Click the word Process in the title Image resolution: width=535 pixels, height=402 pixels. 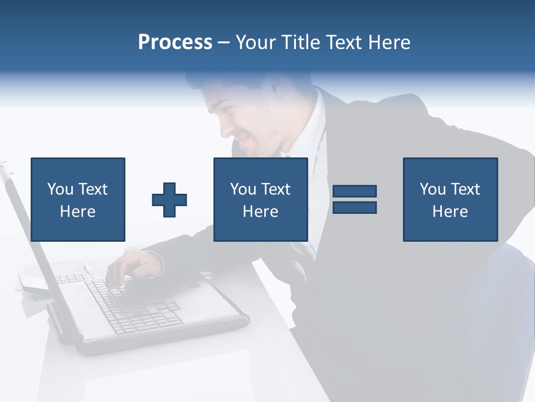click(x=175, y=42)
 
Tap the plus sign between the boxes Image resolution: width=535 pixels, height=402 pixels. click(x=169, y=199)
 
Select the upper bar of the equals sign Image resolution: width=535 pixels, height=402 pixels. click(x=354, y=191)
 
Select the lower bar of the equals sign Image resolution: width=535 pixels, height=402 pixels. click(x=354, y=207)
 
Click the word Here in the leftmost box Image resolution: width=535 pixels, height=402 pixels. click(x=78, y=212)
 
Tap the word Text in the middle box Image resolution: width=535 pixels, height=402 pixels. click(x=275, y=189)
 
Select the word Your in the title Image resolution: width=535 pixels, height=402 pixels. click(x=256, y=42)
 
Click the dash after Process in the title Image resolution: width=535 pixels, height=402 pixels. click(x=224, y=42)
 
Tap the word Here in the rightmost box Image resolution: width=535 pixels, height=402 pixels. click(x=450, y=212)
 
